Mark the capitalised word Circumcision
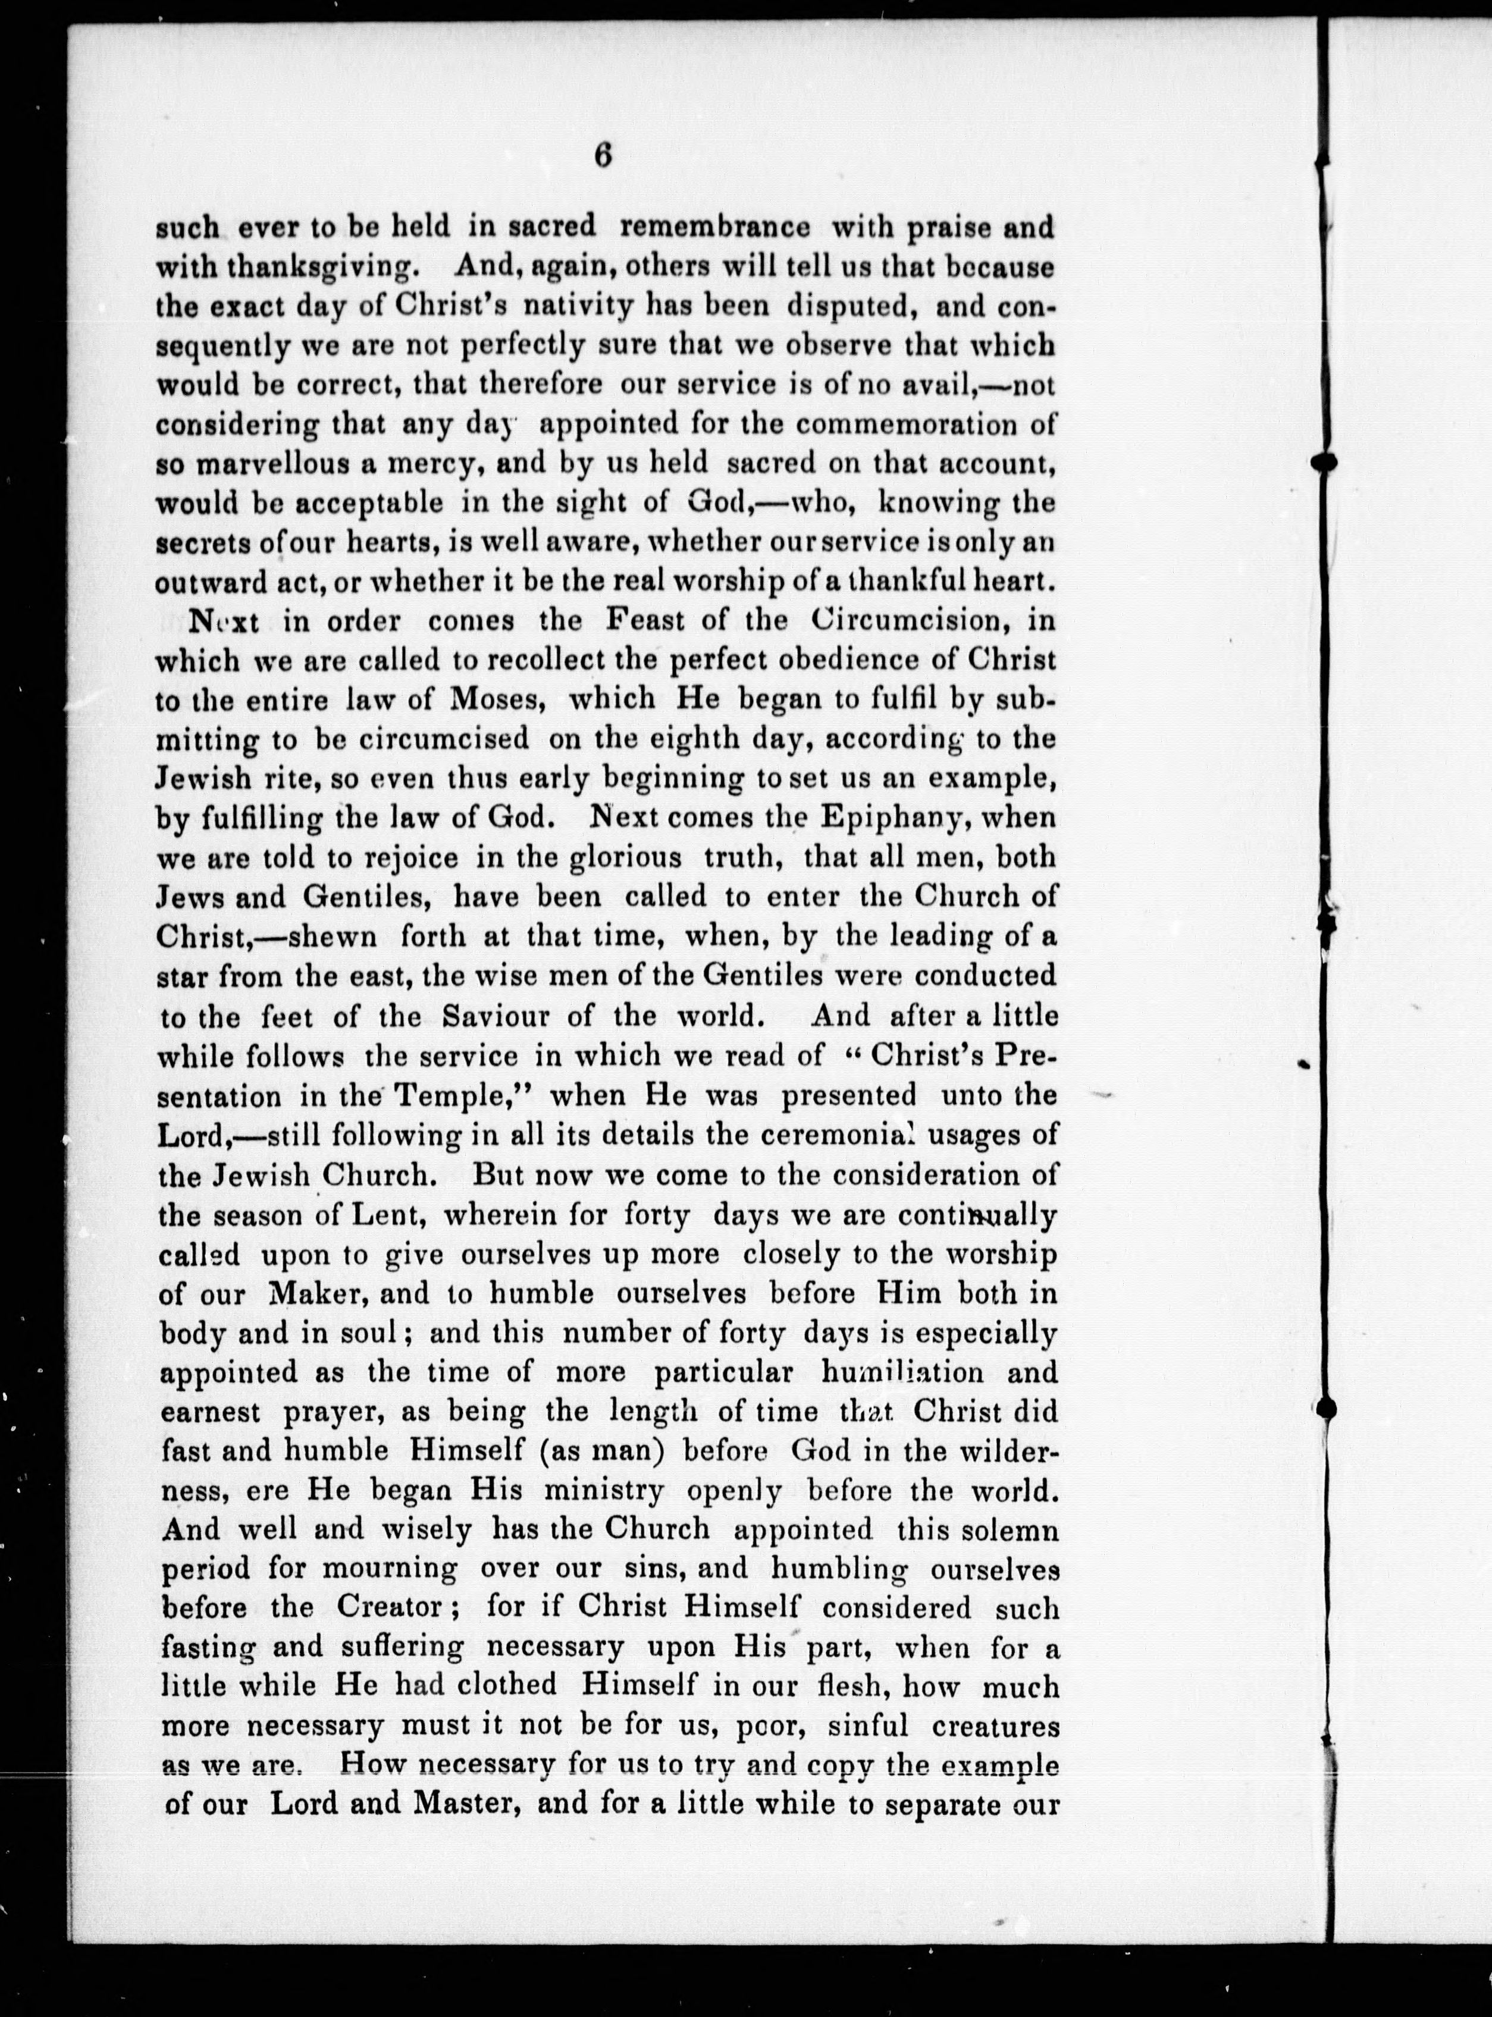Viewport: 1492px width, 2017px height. [906, 621]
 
